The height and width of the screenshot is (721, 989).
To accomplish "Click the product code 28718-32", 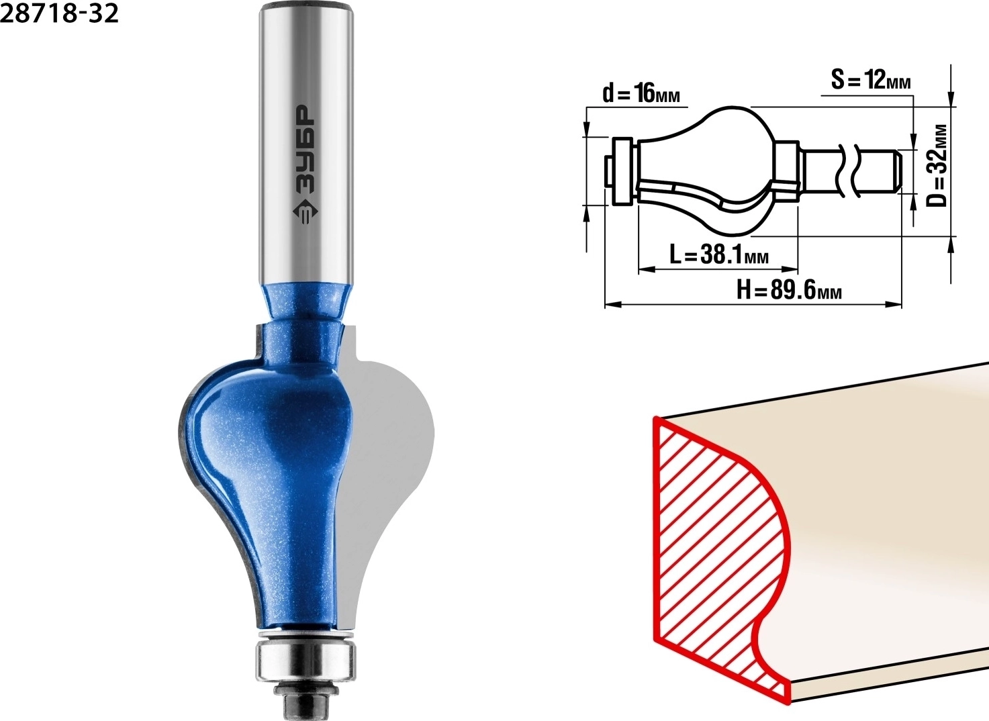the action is click(x=59, y=13).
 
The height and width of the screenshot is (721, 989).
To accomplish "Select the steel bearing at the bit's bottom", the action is click(x=305, y=660).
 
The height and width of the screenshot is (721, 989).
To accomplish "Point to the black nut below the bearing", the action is click(x=305, y=700).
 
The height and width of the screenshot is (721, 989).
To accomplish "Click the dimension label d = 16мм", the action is click(x=641, y=95).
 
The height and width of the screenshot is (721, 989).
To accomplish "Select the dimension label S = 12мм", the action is click(x=871, y=81).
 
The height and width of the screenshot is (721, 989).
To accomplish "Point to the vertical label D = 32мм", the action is click(x=935, y=166).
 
